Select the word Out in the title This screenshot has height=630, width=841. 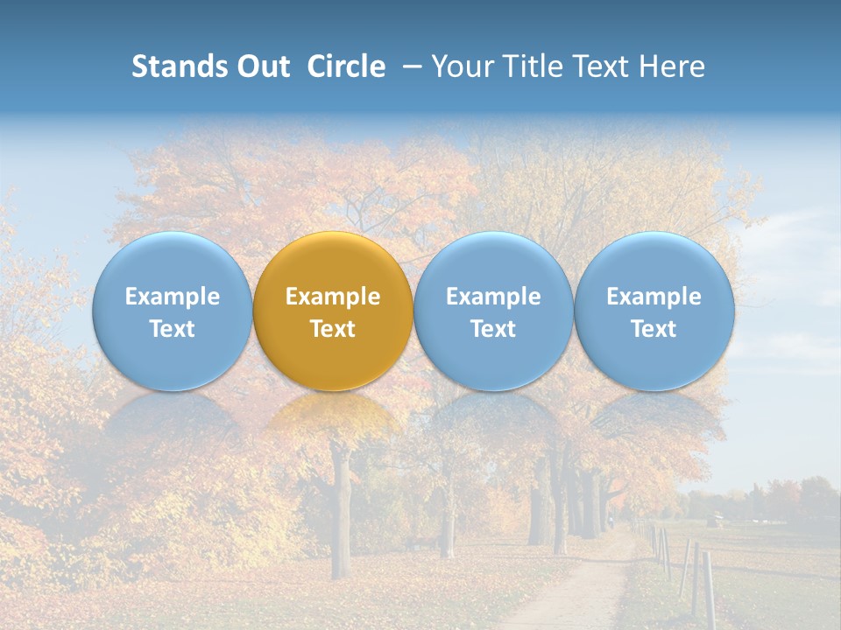pos(260,66)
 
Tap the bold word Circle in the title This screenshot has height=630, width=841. pos(346,66)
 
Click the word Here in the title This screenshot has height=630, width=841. pos(670,66)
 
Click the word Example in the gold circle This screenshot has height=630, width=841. pos(333,297)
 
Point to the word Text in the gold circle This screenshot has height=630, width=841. pos(333,329)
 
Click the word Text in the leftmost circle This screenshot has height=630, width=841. pos(172,329)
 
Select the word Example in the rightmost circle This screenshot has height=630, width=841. pos(654,297)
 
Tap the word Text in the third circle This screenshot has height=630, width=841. pos(493,329)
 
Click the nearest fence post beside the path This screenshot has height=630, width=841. pos(708,588)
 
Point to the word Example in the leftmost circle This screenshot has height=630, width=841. pos(172,297)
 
